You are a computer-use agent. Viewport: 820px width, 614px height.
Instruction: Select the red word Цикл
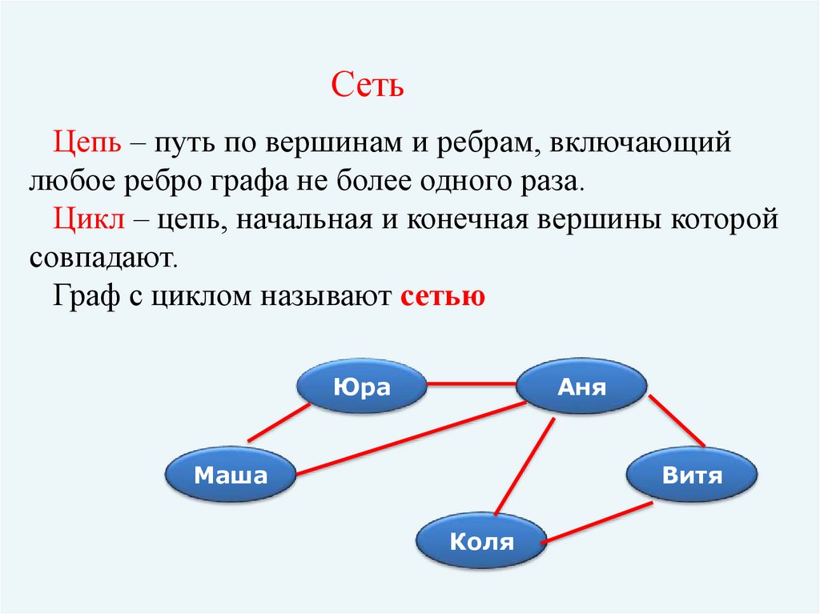88,220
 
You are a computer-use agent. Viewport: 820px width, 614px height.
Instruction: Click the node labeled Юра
361,388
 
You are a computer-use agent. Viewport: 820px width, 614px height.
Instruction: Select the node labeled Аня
581,388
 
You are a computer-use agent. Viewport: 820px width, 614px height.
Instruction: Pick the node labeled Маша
231,476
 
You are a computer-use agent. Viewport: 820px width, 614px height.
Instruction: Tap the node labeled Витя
692,476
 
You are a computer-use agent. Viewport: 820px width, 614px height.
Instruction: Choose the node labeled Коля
481,541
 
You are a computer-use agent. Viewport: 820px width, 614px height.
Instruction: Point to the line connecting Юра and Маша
279,423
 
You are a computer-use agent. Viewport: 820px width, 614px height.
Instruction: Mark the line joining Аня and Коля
525,466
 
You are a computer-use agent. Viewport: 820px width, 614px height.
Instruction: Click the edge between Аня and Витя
677,421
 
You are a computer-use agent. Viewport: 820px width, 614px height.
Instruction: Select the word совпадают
102,258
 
